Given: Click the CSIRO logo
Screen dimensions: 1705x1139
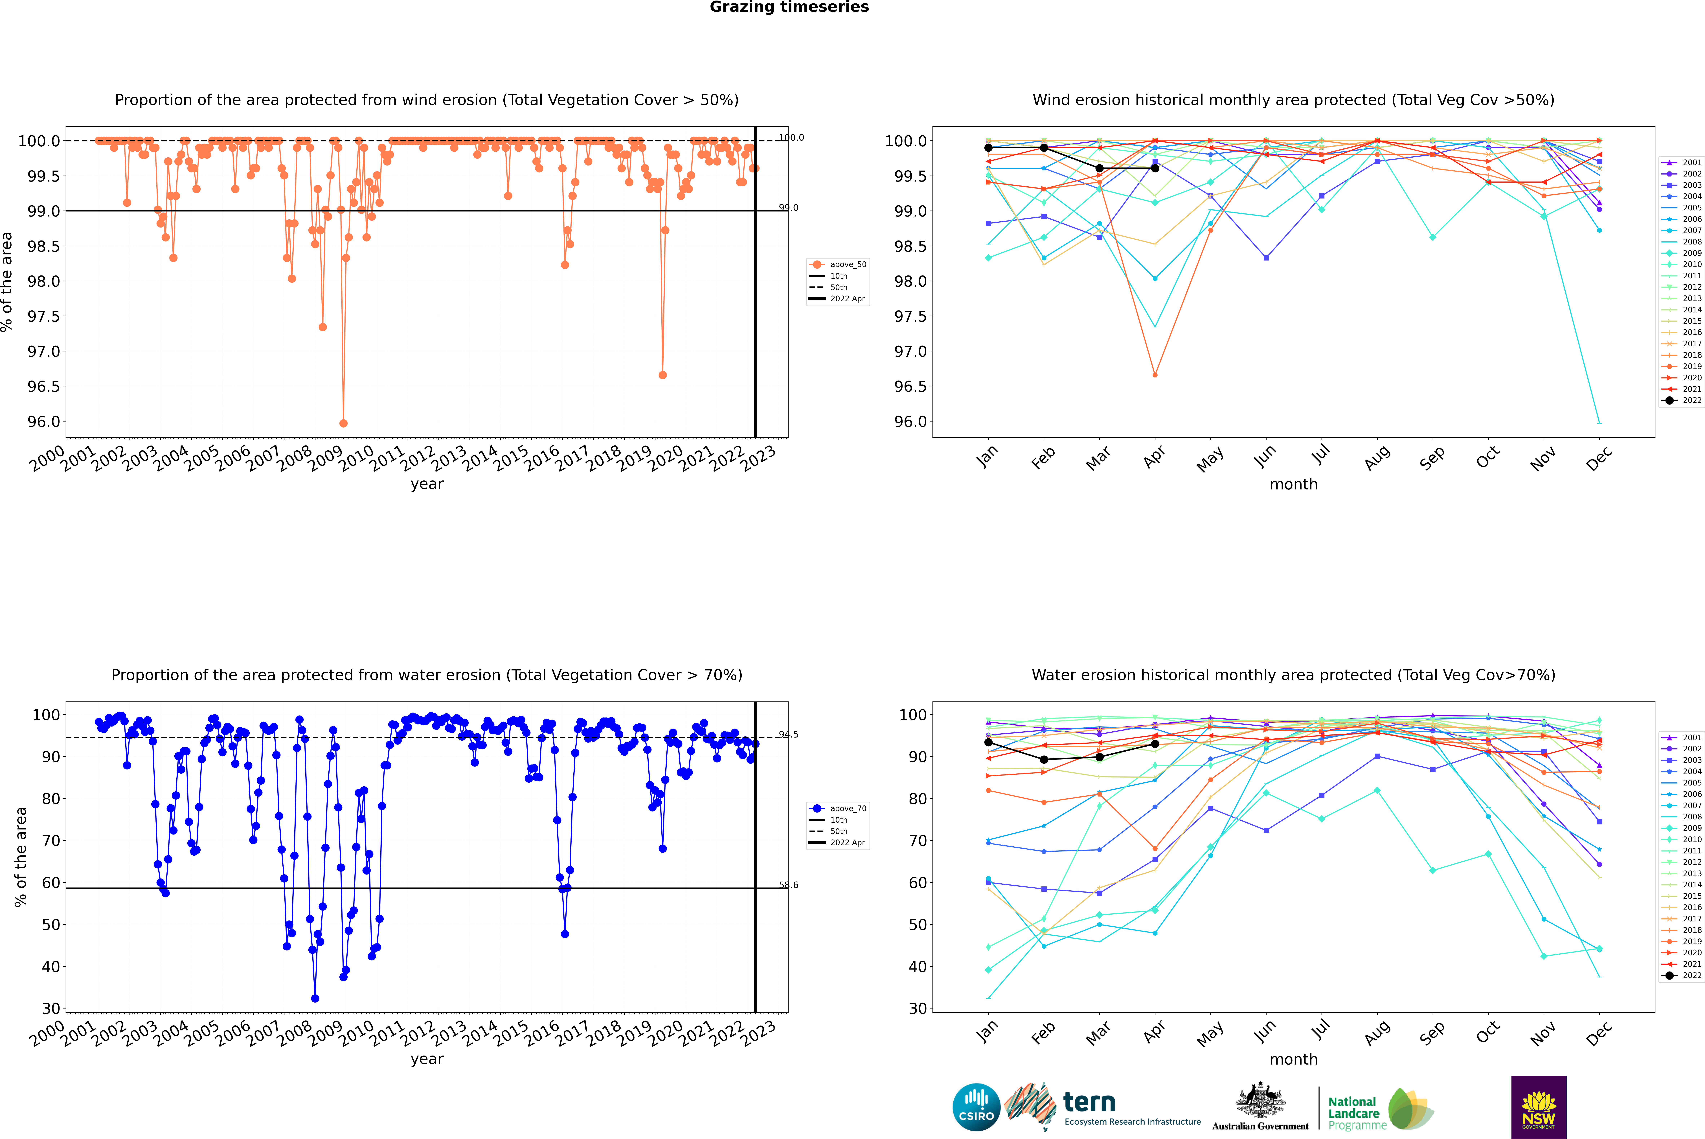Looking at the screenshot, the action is click(x=976, y=1107).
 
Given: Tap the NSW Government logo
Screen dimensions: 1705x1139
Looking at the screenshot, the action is click(x=1539, y=1107).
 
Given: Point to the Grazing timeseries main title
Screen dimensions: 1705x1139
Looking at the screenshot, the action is click(x=789, y=7).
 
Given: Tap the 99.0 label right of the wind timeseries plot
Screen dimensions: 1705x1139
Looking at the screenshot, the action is click(x=789, y=208).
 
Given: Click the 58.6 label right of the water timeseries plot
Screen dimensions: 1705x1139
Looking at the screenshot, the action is click(x=789, y=885).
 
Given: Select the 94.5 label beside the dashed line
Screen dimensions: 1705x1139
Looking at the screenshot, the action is click(x=789, y=734).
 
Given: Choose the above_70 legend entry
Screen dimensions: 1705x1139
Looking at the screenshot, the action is click(x=837, y=809).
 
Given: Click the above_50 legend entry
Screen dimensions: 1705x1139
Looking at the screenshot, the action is click(x=837, y=264).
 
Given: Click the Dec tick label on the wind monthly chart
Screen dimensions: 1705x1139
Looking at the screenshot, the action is click(x=1599, y=458).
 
